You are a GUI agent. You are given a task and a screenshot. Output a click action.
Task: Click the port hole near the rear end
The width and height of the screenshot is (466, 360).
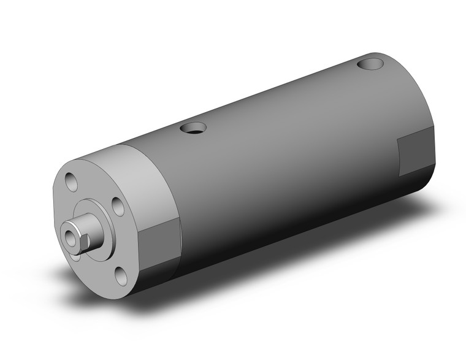pyautogui.click(x=370, y=63)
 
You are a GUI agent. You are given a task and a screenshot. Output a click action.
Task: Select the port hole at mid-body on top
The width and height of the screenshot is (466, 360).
pyautogui.click(x=193, y=128)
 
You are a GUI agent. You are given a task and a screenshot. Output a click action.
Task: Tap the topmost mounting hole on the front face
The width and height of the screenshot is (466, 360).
pyautogui.click(x=72, y=182)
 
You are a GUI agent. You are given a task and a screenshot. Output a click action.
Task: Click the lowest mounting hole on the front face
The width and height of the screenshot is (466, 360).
pyautogui.click(x=121, y=276)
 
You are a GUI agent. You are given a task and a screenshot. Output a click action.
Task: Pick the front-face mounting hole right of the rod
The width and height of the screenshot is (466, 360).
pyautogui.click(x=118, y=207)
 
